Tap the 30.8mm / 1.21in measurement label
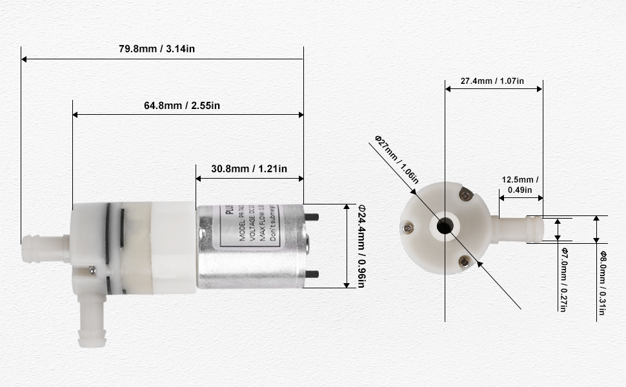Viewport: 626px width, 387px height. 249,169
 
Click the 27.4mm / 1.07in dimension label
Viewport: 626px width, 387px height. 492,81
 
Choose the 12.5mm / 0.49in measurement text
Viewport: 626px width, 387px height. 520,184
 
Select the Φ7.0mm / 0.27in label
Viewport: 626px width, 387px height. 563,280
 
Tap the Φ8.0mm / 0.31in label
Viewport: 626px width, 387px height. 601,284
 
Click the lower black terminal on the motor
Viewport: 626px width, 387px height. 312,273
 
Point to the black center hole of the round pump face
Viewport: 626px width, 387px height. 445,226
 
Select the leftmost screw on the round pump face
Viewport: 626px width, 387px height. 408,226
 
